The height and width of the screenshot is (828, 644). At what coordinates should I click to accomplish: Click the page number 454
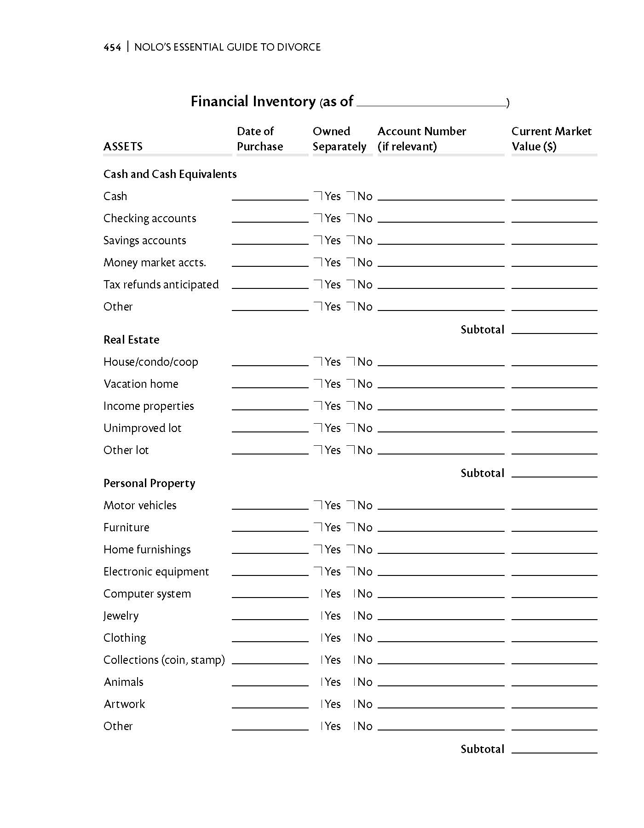pos(112,47)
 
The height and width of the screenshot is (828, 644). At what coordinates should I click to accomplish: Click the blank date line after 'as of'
pos(431,103)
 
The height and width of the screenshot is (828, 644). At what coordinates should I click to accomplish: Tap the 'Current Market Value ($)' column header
pos(551,138)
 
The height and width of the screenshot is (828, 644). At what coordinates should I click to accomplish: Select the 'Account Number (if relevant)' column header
pos(421,138)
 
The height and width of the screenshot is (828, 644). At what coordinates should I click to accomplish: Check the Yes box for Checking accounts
pos(318,218)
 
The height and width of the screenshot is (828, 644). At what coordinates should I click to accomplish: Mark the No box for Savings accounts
pos(351,240)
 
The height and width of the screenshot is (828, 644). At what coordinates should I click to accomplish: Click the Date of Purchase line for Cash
pos(270,197)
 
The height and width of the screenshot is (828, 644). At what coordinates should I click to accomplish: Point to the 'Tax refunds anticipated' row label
pos(161,285)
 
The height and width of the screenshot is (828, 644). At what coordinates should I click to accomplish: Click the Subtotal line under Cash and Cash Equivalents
pos(554,331)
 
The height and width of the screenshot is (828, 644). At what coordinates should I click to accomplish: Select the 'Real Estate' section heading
pos(132,340)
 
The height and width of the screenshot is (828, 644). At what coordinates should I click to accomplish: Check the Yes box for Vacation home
pos(318,384)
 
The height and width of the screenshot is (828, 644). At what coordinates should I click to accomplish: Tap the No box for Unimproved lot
pos(351,428)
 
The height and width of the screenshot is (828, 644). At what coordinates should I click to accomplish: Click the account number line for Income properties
pos(441,407)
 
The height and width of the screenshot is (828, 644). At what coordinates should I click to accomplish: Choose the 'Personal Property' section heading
pos(149,483)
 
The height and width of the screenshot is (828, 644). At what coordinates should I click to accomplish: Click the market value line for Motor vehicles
pos(554,506)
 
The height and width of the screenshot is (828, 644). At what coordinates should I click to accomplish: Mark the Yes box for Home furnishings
pos(318,549)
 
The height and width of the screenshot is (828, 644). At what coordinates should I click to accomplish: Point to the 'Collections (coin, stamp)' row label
pos(164,660)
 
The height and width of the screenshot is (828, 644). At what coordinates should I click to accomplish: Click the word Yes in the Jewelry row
pos(333,616)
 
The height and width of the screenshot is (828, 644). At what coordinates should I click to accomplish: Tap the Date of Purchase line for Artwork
pos(270,705)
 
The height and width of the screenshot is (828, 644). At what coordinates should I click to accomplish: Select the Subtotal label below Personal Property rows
pos(483,749)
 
